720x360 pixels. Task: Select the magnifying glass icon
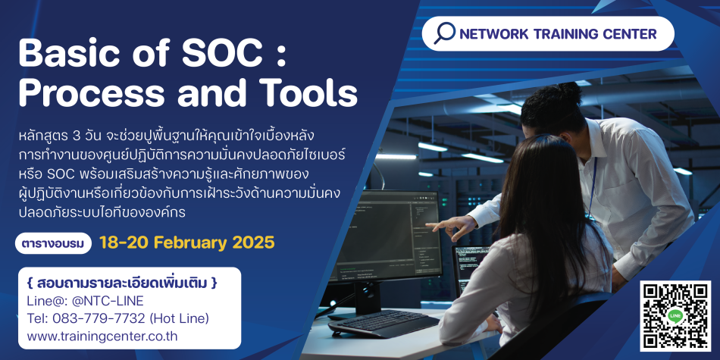444,33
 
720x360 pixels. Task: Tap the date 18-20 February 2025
187,243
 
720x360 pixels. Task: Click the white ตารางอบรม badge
53,244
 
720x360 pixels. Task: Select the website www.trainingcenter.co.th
102,336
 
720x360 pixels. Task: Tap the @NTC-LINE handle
107,301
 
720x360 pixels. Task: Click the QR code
675,316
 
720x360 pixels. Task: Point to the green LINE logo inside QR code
675,316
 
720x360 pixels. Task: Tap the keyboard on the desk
383,322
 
